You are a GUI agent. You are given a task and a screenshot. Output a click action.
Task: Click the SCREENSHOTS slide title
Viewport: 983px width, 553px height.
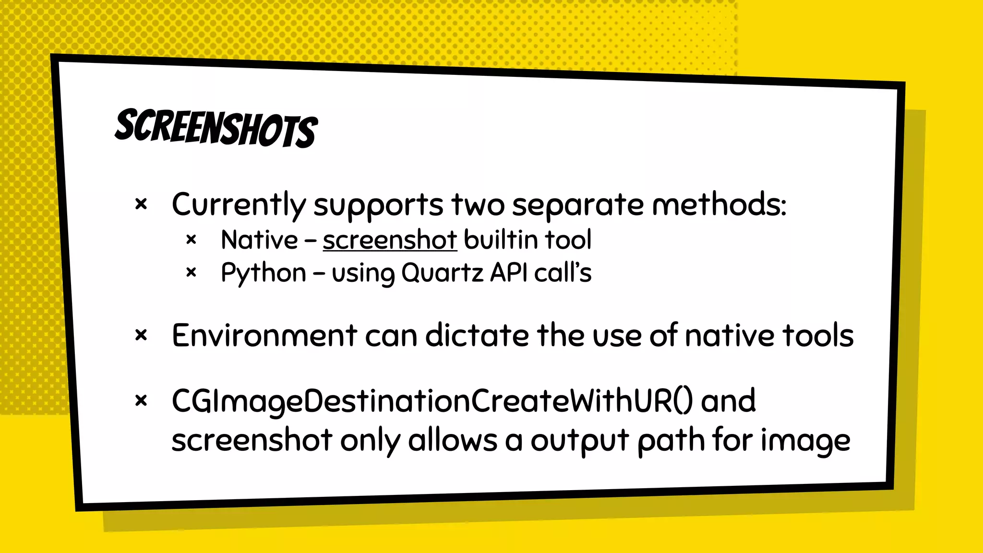click(216, 128)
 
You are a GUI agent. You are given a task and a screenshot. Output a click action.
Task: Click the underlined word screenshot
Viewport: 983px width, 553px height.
click(389, 240)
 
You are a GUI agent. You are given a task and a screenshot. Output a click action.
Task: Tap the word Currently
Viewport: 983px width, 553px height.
click(239, 205)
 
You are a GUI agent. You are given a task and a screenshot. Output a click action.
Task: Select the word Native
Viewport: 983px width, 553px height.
click(259, 240)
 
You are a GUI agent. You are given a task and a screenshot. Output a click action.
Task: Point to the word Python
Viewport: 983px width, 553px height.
click(263, 274)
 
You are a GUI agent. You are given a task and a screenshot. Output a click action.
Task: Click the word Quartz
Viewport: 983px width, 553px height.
click(442, 273)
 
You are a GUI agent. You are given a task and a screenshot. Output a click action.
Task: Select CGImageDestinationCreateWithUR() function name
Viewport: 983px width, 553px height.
click(432, 401)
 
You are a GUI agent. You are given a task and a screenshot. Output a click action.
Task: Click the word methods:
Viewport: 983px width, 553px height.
click(719, 204)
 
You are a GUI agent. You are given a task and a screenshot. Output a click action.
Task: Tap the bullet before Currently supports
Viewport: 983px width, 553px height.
click(141, 205)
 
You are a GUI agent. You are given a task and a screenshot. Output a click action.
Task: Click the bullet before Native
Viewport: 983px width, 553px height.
click(191, 240)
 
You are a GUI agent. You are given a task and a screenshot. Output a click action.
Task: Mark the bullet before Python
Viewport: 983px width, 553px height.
click(191, 273)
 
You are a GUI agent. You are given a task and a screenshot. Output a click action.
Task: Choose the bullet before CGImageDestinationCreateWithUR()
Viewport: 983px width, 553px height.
click(141, 400)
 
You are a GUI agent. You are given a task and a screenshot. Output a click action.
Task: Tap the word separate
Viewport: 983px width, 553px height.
click(578, 205)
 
